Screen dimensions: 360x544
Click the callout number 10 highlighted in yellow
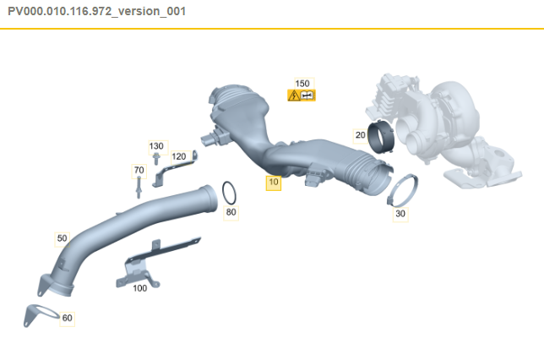(273, 182)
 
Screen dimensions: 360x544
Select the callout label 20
(361, 134)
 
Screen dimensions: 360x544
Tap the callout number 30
(400, 215)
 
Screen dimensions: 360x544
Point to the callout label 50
(62, 238)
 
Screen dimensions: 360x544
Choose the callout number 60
(68, 318)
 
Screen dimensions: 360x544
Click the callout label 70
(139, 170)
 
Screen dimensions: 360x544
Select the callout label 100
(139, 287)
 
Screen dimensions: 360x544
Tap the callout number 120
(178, 156)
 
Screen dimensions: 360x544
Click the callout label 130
(156, 146)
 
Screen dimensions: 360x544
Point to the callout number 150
(302, 83)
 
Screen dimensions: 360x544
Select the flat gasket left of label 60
(38, 313)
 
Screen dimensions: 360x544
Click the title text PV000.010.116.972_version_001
(97, 11)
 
